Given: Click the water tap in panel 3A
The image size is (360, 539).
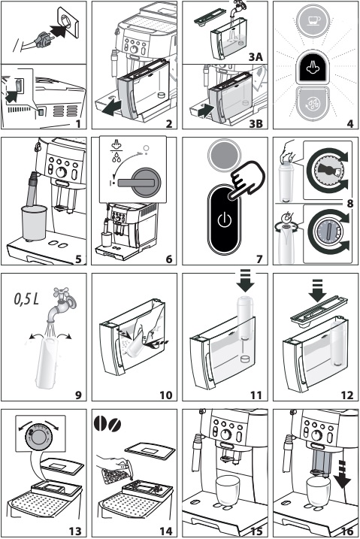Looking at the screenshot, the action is (x=236, y=7).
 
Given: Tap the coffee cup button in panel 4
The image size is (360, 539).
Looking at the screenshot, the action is (x=313, y=20).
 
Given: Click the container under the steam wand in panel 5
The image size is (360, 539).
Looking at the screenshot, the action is (x=34, y=223).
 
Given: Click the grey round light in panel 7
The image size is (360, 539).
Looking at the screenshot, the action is (x=224, y=155).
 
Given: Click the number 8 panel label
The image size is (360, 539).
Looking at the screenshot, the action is (x=349, y=204).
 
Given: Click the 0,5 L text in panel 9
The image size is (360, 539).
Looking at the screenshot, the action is (x=26, y=298).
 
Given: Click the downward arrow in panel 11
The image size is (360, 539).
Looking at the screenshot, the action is (x=245, y=280).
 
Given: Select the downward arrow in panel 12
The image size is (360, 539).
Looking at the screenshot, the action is (x=317, y=290).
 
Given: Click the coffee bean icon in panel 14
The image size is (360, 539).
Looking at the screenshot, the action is (x=107, y=423).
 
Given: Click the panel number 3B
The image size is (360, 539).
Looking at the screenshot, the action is (x=256, y=123).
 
